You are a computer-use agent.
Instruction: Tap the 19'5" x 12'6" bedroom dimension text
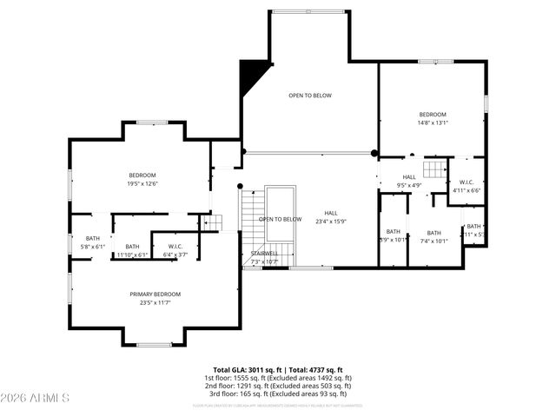pyautogui.click(x=142, y=183)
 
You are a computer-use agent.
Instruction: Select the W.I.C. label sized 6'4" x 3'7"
pyautogui.click(x=175, y=247)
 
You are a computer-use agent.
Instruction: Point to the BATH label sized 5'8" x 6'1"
pyautogui.click(x=93, y=239)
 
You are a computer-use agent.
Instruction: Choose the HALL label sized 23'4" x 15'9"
pyautogui.click(x=331, y=213)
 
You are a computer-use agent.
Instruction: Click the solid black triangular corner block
pyautogui.click(x=252, y=72)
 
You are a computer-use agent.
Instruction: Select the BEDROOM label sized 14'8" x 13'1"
pyautogui.click(x=432, y=115)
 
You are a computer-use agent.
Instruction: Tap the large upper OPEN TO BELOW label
pyautogui.click(x=310, y=96)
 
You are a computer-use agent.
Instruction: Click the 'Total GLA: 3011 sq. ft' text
pyautogui.click(x=245, y=370)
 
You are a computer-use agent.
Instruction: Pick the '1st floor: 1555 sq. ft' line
pyautogui.click(x=278, y=378)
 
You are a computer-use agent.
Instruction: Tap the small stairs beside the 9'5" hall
pyautogui.click(x=434, y=168)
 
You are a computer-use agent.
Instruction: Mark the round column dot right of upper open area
pyautogui.click(x=375, y=153)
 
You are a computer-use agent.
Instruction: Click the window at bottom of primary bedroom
pyautogui.click(x=154, y=345)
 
